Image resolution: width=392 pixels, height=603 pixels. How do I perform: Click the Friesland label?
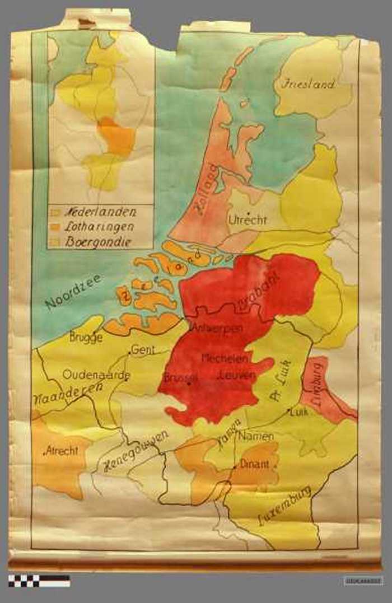coord(309,85)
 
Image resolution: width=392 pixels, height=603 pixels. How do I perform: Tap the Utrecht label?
coord(248,221)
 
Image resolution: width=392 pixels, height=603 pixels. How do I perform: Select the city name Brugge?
coord(86,338)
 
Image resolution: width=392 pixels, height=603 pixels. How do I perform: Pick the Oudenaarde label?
coord(96,375)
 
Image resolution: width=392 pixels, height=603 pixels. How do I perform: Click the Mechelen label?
coord(221,358)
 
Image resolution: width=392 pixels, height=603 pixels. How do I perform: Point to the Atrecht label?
coord(62,451)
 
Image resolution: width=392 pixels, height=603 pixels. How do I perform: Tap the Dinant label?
coord(255,464)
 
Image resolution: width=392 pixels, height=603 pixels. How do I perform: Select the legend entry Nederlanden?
coord(100,212)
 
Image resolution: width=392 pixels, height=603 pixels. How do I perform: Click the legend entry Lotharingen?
coord(100,227)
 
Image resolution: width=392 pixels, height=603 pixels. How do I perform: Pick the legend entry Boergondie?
coord(98,242)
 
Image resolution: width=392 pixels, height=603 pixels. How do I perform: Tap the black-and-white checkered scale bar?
coord(39,581)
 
